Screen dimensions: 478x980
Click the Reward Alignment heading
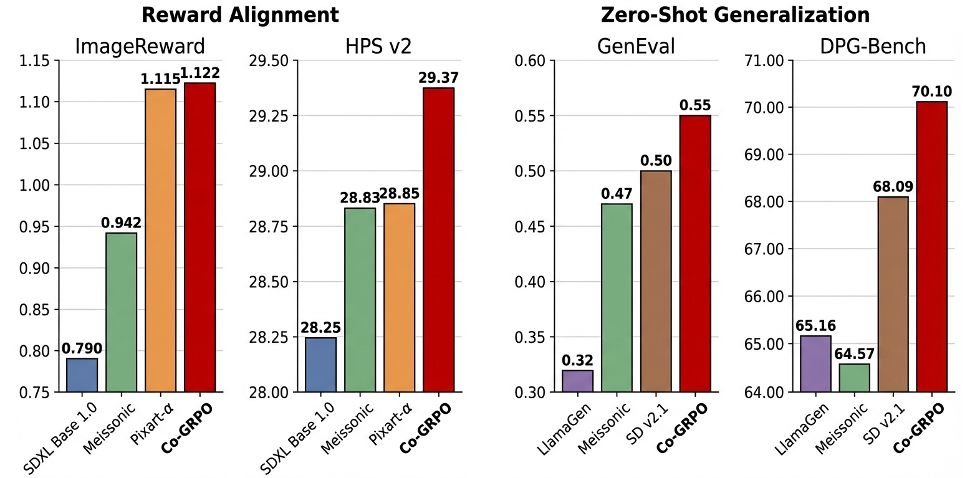(240, 14)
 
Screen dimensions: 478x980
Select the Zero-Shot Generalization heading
(735, 14)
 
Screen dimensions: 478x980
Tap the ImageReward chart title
(140, 46)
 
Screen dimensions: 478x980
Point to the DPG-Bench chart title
(872, 46)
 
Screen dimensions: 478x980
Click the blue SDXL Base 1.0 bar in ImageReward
(82, 375)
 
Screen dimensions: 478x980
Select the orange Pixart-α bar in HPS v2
(399, 298)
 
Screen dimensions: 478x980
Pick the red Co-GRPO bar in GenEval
(694, 254)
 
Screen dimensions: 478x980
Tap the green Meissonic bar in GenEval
(617, 298)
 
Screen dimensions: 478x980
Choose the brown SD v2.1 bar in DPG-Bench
(893, 294)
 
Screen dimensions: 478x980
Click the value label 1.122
(199, 74)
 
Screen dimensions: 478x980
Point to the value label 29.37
(438, 78)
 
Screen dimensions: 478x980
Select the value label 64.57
(854, 354)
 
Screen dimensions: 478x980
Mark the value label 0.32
(577, 360)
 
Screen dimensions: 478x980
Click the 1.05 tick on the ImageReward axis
(34, 143)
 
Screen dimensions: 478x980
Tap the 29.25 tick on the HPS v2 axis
(269, 116)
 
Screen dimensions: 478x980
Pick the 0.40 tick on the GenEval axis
(530, 282)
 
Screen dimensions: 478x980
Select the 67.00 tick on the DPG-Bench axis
(764, 249)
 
